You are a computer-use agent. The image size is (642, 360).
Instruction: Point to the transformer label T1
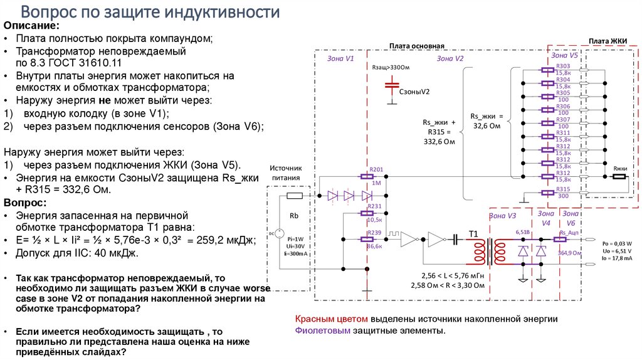coord(473,234)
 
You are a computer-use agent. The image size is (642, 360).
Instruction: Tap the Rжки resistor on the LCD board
coord(619,177)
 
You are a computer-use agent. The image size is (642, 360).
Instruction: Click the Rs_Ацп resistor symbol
coord(567,240)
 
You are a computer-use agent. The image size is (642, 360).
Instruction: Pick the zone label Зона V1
coord(341,58)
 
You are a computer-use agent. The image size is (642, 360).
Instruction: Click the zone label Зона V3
coord(502,216)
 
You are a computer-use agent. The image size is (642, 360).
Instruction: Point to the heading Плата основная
coord(416,46)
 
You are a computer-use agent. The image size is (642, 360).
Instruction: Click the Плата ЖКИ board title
coord(604,41)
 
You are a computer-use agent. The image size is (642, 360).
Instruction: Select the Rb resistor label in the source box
coord(294,216)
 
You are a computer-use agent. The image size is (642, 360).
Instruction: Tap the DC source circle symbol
coord(271,233)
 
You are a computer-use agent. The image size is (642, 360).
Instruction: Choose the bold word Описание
coord(32,26)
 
